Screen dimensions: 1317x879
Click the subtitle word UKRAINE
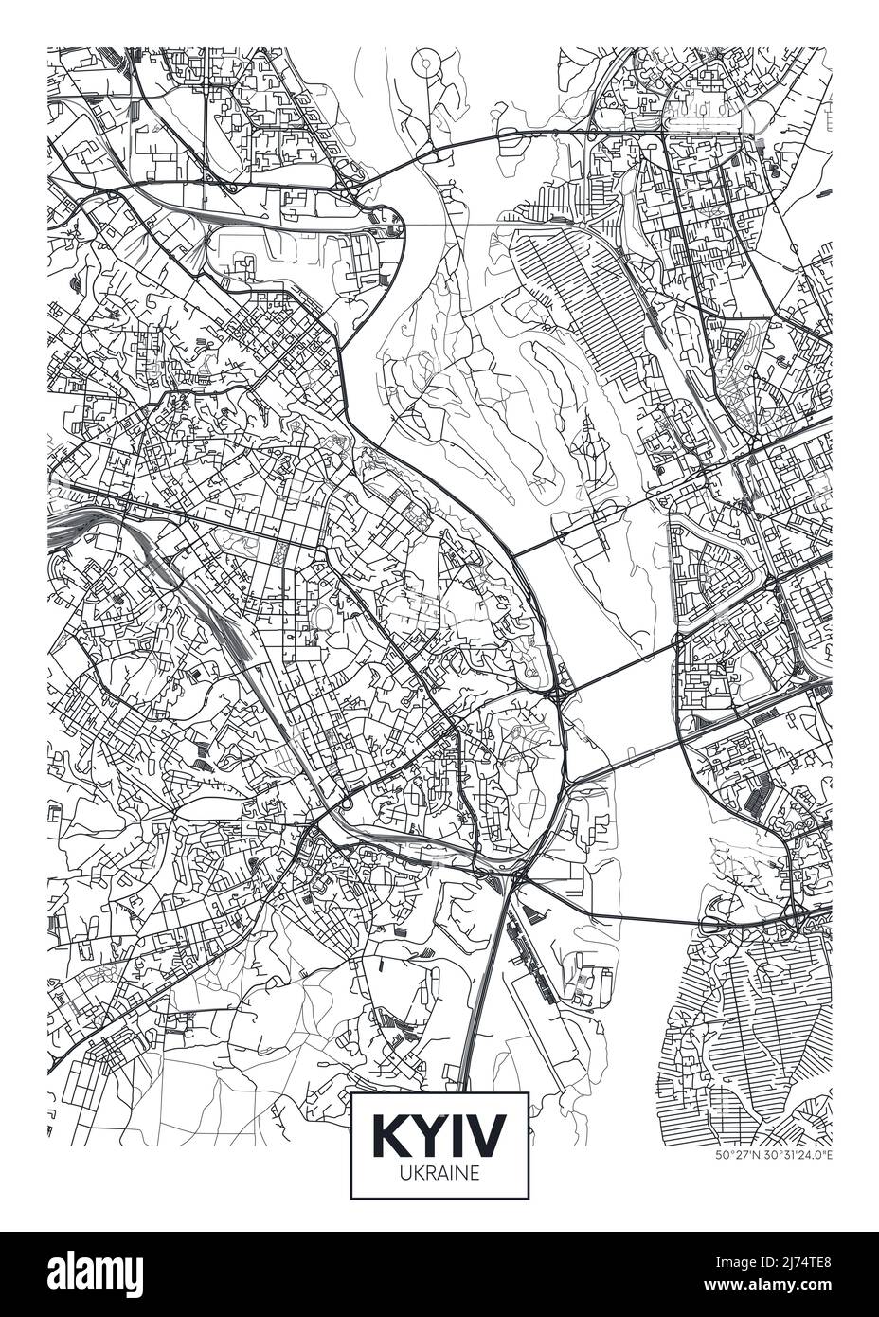pos(439,1172)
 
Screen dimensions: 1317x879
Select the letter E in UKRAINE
pos(475,1172)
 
